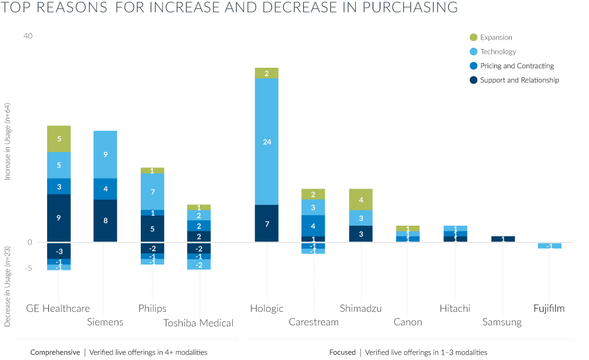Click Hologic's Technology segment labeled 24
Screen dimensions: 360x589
[266, 141]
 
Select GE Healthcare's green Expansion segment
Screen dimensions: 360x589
[59, 138]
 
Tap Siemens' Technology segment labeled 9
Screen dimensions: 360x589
[105, 154]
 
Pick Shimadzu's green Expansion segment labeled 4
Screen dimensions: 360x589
[360, 200]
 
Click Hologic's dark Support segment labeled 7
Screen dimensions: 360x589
[266, 223]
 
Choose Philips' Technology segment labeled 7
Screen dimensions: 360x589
[153, 191]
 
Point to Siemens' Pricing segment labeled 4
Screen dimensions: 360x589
[105, 189]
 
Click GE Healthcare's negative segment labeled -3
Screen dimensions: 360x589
[59, 251]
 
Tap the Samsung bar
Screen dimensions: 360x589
[502, 239]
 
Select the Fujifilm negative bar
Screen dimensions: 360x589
[549, 246]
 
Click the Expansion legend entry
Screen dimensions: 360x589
[496, 38]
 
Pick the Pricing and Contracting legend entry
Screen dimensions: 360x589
[517, 66]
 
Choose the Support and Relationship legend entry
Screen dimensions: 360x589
[519, 80]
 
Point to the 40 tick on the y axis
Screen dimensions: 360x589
[28, 37]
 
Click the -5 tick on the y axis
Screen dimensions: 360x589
[28, 268]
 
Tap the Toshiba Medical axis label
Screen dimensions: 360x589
[198, 323]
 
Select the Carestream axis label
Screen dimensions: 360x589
[313, 322]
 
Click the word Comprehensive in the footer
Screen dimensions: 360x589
[55, 352]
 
